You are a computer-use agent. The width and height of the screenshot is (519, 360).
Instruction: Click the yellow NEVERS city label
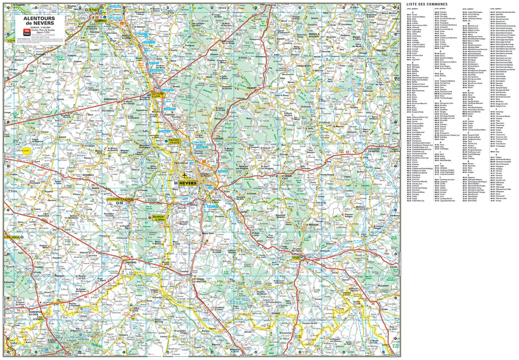(188, 183)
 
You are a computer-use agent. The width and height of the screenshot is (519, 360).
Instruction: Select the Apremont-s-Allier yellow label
(159, 218)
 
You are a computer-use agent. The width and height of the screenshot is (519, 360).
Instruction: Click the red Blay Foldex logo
(27, 32)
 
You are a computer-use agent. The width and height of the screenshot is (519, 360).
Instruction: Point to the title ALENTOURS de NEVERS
(39, 21)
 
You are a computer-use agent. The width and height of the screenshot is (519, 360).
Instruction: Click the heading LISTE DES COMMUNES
(427, 4)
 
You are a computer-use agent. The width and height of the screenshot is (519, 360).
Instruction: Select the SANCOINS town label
(131, 262)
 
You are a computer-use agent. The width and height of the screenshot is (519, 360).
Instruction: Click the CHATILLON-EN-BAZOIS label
(374, 150)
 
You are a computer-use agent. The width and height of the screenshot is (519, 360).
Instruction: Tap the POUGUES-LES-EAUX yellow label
(174, 141)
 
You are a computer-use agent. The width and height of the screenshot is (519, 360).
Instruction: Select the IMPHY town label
(244, 212)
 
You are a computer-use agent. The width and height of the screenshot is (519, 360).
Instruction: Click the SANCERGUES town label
(110, 99)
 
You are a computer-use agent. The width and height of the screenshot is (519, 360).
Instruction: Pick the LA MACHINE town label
(312, 224)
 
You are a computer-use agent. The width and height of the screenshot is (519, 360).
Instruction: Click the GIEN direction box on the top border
(102, 4)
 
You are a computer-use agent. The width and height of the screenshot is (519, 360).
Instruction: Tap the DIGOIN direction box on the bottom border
(393, 356)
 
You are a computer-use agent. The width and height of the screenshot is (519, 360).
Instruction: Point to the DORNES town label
(276, 314)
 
